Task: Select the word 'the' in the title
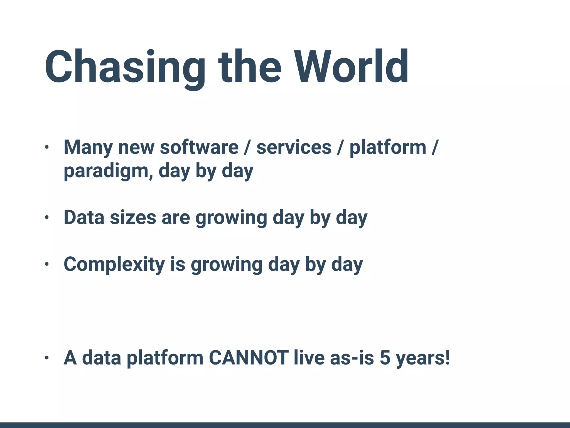click(x=250, y=67)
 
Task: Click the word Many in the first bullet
click(x=88, y=147)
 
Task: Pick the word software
click(x=199, y=147)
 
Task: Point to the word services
click(x=294, y=147)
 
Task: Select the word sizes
click(x=133, y=217)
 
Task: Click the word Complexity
click(x=114, y=264)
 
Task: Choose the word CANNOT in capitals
click(x=249, y=358)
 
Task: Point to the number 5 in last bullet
click(x=385, y=358)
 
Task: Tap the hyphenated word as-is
click(x=352, y=358)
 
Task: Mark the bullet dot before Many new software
click(x=46, y=147)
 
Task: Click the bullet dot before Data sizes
click(x=46, y=217)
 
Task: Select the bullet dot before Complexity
click(x=46, y=264)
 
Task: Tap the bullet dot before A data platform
click(x=46, y=358)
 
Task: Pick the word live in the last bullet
click(x=309, y=358)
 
